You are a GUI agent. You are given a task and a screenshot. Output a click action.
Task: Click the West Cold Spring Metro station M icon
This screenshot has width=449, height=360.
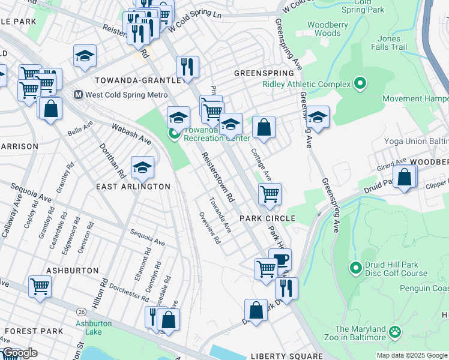coord(78,95)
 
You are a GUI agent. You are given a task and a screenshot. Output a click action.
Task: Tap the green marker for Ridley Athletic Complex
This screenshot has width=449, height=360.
coord(360,83)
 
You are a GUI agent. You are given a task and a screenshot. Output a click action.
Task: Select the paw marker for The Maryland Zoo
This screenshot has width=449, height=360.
coord(395,331)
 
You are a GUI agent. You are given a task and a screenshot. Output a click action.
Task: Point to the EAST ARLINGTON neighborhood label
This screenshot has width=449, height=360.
coord(133,187)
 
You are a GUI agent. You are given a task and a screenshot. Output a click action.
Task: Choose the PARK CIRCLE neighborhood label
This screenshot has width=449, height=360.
coord(268,218)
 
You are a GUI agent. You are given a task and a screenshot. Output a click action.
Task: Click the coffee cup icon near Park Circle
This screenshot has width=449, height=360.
coord(280,259)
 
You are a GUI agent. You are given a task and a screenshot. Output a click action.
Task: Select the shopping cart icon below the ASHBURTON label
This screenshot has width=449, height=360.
coord(40,286)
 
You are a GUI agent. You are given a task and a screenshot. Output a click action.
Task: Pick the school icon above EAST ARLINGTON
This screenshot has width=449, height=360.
coord(142,167)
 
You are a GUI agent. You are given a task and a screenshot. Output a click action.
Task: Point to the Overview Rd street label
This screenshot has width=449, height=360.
coord(209,228)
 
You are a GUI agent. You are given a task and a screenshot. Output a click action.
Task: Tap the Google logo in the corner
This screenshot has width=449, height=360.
coord(20,353)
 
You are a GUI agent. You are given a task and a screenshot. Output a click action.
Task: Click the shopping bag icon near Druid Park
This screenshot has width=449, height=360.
coord(405,176)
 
